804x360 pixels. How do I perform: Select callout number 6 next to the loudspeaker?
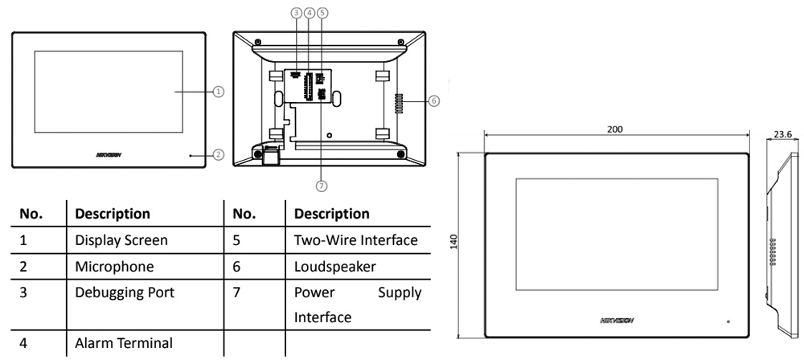pyautogui.click(x=433, y=101)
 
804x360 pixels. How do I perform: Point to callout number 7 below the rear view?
pyautogui.click(x=321, y=186)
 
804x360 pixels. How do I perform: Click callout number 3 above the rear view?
pyautogui.click(x=297, y=13)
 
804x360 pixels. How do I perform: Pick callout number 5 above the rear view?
pyautogui.click(x=322, y=13)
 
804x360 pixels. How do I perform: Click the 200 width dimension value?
pyautogui.click(x=615, y=129)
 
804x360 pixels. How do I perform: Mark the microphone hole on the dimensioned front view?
pyautogui.click(x=728, y=321)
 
